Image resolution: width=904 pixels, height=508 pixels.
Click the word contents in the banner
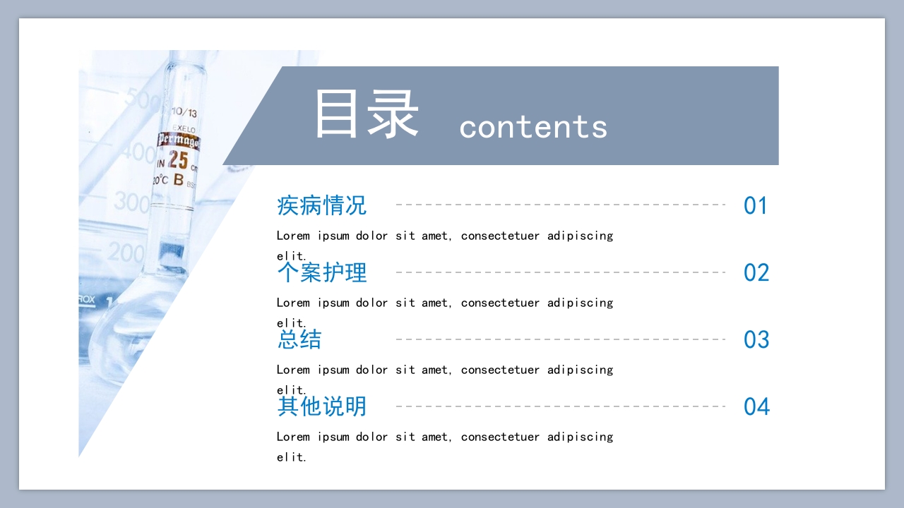(533, 127)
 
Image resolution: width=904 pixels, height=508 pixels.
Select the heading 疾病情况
(322, 205)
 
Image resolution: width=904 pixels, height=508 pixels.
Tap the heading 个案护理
(322, 272)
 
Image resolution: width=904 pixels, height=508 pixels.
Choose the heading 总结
(299, 339)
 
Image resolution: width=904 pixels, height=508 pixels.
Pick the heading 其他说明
(322, 406)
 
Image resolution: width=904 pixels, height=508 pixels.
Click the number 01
(756, 206)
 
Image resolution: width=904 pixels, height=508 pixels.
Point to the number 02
(756, 273)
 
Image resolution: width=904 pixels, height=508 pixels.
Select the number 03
(756, 340)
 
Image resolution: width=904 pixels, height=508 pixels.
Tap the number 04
(756, 407)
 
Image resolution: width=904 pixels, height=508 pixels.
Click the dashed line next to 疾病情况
(561, 205)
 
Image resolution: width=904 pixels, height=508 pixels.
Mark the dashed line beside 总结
(561, 339)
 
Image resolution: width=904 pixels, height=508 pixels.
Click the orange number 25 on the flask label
(178, 159)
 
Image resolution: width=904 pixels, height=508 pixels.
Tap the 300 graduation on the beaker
(131, 202)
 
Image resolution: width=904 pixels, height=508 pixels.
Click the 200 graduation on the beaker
(127, 251)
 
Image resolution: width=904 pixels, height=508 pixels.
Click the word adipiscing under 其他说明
(580, 437)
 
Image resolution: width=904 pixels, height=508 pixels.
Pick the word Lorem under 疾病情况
(293, 236)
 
